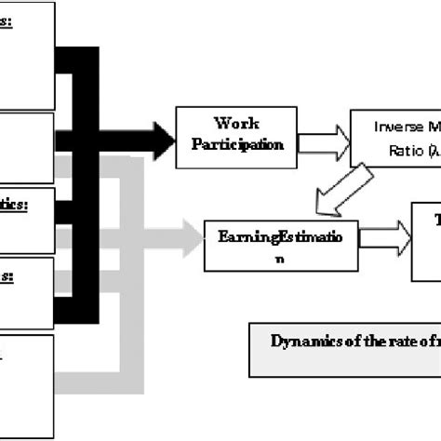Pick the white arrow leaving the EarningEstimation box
[x=382, y=237]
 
